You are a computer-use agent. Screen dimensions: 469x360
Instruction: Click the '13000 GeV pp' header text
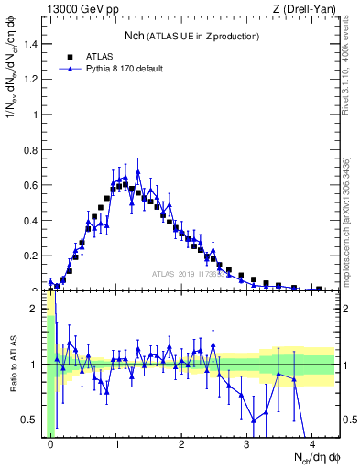pyautogui.click(x=82, y=9)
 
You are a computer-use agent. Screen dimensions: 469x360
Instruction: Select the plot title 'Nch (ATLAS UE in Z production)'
pyautogui.click(x=191, y=36)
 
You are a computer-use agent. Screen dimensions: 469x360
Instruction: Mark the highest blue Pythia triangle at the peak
pyautogui.click(x=137, y=172)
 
